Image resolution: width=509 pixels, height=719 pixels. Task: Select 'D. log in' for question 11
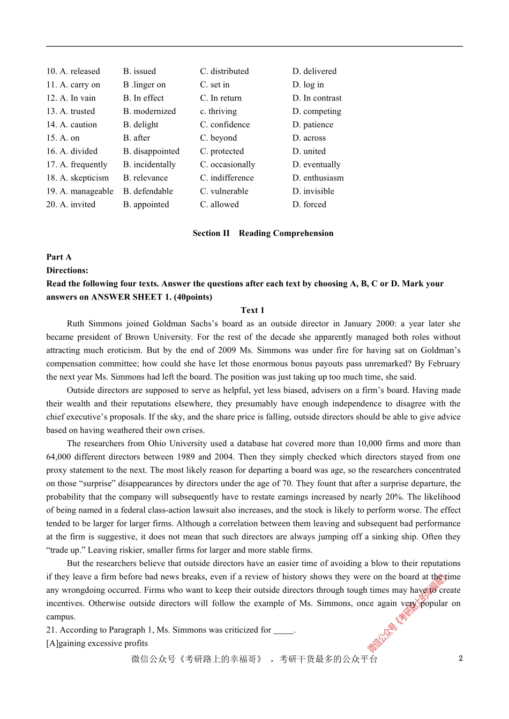[308, 85]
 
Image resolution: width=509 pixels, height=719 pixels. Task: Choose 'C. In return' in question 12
[221, 98]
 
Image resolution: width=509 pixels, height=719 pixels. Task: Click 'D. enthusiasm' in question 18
[318, 178]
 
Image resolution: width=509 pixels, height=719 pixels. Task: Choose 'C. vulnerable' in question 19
[224, 192]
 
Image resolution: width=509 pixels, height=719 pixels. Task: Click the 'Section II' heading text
[211, 233]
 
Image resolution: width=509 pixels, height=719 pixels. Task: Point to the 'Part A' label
[59, 257]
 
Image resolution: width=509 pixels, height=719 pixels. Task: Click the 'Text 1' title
[252, 310]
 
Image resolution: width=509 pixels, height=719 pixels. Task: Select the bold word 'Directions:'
[68, 270]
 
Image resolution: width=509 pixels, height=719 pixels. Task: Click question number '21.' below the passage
[52, 630]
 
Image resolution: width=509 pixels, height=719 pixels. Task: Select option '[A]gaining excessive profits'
[97, 644]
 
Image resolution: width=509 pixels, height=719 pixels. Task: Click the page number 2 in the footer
[460, 659]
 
